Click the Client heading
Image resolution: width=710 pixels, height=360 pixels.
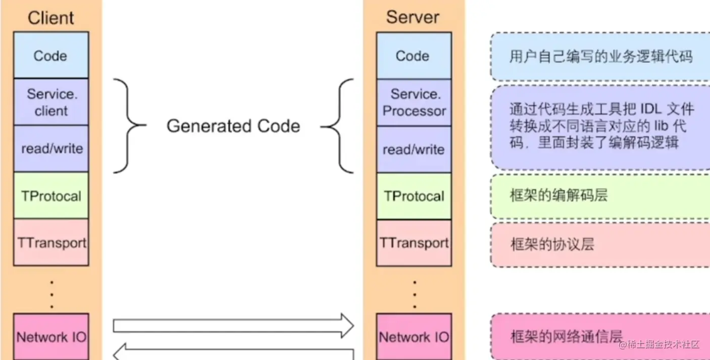[x=50, y=18]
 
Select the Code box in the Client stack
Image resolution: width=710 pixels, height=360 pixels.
[x=50, y=56]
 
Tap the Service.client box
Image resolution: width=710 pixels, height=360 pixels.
[x=50, y=102]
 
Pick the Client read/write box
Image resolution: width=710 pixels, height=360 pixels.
[x=50, y=148]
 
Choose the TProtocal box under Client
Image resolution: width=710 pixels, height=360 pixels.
[x=50, y=196]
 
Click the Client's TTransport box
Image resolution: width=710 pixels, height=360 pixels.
[x=51, y=242]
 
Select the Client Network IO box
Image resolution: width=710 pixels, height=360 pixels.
[x=51, y=337]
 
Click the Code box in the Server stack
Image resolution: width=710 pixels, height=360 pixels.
[x=414, y=56]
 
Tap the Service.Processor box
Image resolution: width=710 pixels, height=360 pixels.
[x=414, y=102]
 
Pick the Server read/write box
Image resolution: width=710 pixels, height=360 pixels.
[x=414, y=149]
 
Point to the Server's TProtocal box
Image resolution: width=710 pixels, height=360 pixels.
[x=414, y=196]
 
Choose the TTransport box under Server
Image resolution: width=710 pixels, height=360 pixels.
[x=414, y=243]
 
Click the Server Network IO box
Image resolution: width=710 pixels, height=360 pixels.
[x=414, y=337]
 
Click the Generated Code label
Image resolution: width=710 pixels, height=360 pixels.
[x=233, y=126]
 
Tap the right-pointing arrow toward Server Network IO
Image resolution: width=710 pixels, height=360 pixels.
[x=232, y=326]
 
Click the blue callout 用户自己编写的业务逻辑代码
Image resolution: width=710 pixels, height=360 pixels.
[x=600, y=57]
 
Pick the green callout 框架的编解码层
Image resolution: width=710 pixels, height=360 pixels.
[x=600, y=196]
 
